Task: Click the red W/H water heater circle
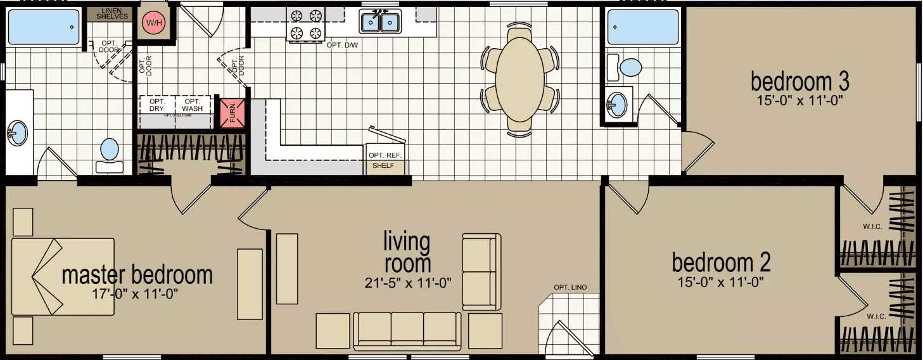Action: click(153, 23)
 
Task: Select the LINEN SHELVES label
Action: click(113, 13)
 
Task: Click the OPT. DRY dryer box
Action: click(156, 105)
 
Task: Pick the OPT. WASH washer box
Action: click(193, 105)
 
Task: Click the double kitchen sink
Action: click(380, 22)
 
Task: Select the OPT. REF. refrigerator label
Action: click(385, 155)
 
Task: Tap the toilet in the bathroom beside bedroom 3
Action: click(630, 67)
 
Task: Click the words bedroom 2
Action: click(721, 262)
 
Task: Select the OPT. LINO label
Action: click(570, 288)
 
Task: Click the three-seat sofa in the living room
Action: click(408, 330)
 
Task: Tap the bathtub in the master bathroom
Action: click(43, 27)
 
